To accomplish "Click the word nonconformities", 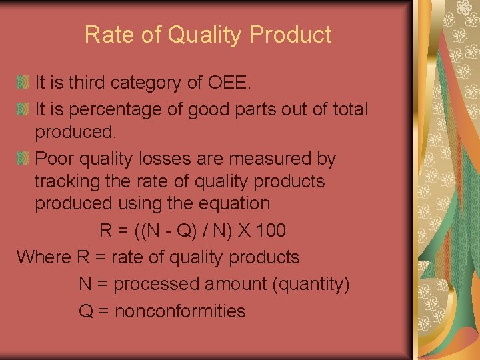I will pyautogui.click(x=180, y=311).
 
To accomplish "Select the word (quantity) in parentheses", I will pyautogui.click(x=311, y=285).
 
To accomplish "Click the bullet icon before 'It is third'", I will pyautogui.click(x=23, y=83).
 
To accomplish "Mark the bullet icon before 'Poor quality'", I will pyautogui.click(x=23, y=159).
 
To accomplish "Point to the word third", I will pyautogui.click(x=86, y=83).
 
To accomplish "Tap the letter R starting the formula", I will pyautogui.click(x=105, y=231).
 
